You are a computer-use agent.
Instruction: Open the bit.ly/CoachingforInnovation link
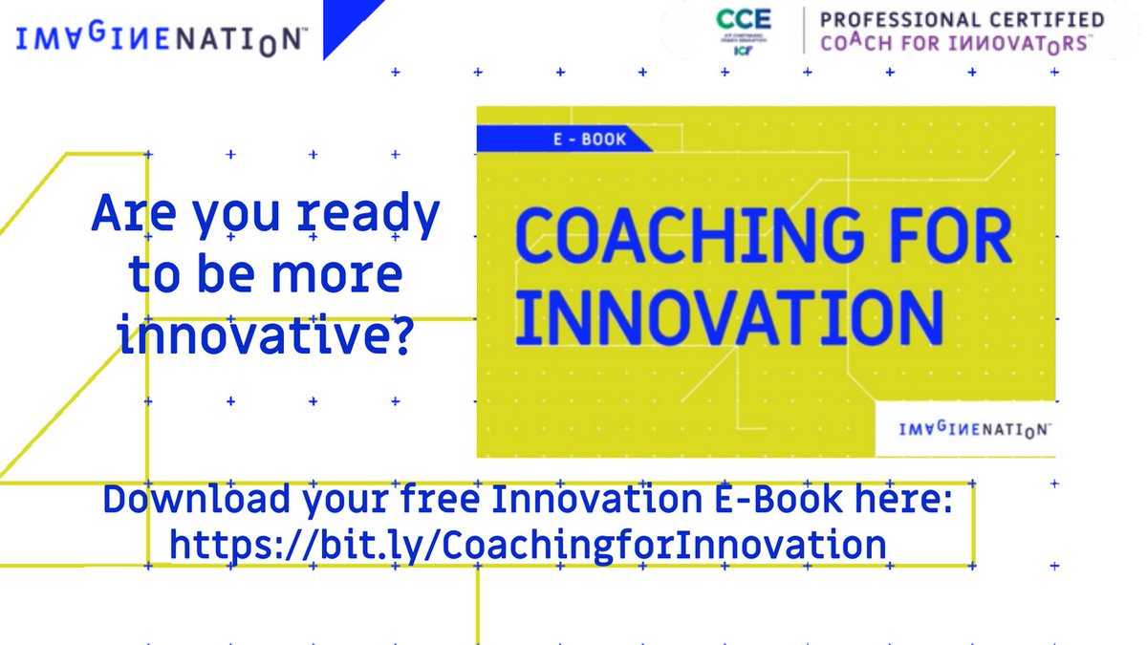(527, 545)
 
